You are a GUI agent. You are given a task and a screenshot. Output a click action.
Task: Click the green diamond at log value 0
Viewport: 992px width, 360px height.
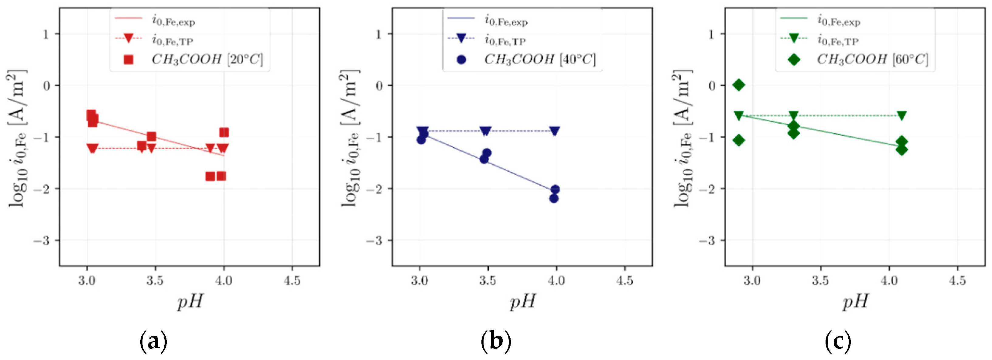[x=738, y=85]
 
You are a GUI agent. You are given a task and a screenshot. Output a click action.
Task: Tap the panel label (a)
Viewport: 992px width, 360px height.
[x=153, y=341]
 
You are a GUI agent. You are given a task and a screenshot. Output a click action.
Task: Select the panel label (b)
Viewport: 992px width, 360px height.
[x=496, y=341]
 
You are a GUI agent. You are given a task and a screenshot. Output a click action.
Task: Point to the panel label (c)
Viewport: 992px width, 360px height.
[x=838, y=341]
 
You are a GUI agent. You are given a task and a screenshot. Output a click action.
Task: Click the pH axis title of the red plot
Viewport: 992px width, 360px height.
[x=190, y=301]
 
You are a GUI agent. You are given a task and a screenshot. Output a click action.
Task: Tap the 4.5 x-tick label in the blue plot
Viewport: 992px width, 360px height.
[x=624, y=281]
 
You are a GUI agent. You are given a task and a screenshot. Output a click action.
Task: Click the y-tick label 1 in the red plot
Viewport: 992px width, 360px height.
[x=46, y=34]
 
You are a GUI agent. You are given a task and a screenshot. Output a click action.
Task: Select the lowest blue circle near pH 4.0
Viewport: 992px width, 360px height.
[x=554, y=199]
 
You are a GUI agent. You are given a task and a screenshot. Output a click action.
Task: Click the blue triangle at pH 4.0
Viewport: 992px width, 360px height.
[x=555, y=131]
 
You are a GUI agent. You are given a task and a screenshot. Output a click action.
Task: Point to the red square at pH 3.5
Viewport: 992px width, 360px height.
[x=151, y=136]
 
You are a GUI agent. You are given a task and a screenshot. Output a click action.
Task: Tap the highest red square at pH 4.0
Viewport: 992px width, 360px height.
[x=224, y=132]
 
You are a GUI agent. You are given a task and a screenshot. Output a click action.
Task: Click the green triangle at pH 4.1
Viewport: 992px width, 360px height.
[x=901, y=115]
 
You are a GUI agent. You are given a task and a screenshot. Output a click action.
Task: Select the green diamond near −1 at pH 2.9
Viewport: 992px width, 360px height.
[x=738, y=140]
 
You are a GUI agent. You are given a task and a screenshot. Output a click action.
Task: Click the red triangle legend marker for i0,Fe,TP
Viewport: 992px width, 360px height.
[x=128, y=38]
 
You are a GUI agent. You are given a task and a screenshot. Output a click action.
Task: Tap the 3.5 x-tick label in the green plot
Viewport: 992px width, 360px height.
[x=820, y=281]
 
